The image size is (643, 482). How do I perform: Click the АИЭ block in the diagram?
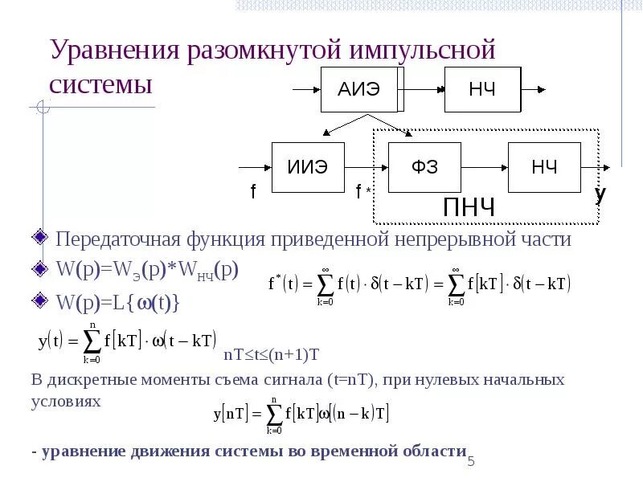[358, 88]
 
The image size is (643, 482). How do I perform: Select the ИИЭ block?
[308, 168]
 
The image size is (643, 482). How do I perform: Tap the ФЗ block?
[424, 168]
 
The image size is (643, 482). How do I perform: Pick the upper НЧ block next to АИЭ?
[482, 88]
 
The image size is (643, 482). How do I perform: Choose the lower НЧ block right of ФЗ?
[544, 168]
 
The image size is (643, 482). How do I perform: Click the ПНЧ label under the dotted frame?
[469, 207]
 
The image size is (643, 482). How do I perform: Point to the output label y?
[600, 194]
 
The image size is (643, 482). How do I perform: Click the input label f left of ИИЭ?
[253, 192]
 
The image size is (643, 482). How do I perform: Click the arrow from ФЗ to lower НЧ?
[485, 168]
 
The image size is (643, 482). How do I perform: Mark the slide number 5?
[472, 462]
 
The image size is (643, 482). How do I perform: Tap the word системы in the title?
[101, 85]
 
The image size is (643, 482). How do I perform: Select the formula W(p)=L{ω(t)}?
[117, 303]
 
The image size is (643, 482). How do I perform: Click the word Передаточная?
[114, 239]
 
